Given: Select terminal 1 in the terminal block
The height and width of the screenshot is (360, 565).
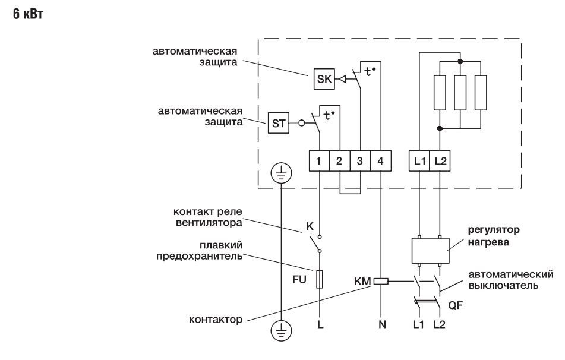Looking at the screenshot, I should tap(320, 161).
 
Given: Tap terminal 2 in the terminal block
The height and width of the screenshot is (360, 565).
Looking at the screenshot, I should tap(340, 161).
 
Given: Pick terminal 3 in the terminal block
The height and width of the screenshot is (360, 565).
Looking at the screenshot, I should tap(360, 161).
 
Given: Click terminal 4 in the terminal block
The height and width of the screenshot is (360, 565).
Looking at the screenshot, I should tap(380, 161).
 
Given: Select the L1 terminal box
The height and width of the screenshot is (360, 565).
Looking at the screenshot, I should tap(419, 161).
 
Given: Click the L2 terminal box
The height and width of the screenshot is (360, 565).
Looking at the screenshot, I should tap(439, 161).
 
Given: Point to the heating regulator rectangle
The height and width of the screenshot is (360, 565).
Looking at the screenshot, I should tap(429, 250).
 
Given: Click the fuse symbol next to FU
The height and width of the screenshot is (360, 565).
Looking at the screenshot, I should tap(320, 279).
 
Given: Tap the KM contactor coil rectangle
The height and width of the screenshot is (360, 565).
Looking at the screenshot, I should tap(380, 282).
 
